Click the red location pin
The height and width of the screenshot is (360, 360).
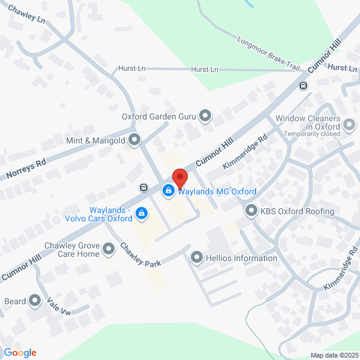coord(179,178)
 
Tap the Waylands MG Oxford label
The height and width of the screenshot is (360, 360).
coord(217,191)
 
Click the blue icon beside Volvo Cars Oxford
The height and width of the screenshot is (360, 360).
coord(142,213)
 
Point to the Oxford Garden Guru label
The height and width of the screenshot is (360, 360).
coord(160,116)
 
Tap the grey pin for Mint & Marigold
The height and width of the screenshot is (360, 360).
coord(134,140)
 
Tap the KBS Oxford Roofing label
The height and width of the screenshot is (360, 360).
coord(297,211)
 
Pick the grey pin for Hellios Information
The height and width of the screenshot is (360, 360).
coord(197,258)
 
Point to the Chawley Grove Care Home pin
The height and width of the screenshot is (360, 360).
coord(109,248)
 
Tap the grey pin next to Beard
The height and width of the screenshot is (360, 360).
coord(35,301)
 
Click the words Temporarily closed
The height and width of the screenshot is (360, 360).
coord(311,134)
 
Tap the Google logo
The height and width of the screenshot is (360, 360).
coord(20,353)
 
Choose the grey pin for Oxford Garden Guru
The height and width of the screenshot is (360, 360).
coord(206,115)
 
